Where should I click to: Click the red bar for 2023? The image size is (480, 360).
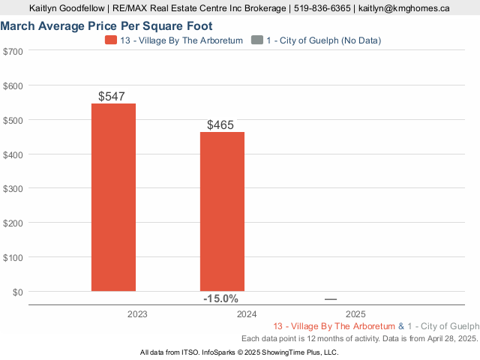113,196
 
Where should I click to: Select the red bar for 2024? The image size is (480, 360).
222,211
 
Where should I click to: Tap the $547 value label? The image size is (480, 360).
112,96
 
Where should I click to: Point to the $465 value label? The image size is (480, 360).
221,125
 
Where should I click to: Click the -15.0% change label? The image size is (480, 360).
220,298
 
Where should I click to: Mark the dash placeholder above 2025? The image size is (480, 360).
331,299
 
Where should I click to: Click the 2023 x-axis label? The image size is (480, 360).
138,314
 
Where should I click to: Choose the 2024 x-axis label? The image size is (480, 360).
247,314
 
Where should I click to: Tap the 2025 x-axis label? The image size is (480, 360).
355,314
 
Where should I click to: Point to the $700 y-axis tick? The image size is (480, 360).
13,51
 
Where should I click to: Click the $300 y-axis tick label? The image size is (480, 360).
13,188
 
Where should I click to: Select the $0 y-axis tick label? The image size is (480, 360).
17,291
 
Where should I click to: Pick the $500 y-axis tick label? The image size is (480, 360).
13,120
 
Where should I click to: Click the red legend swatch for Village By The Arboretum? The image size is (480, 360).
111,40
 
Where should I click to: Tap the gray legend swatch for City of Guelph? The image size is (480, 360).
257,40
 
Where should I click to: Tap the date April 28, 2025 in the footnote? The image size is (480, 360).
447,339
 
